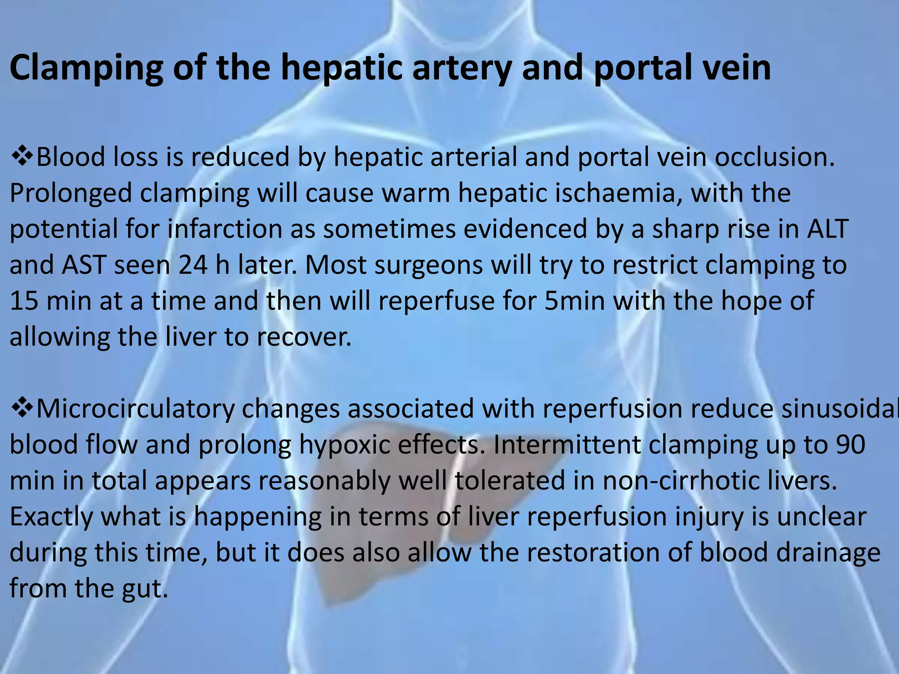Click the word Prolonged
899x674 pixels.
pyautogui.click(x=71, y=193)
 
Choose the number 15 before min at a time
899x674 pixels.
pyautogui.click(x=24, y=301)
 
